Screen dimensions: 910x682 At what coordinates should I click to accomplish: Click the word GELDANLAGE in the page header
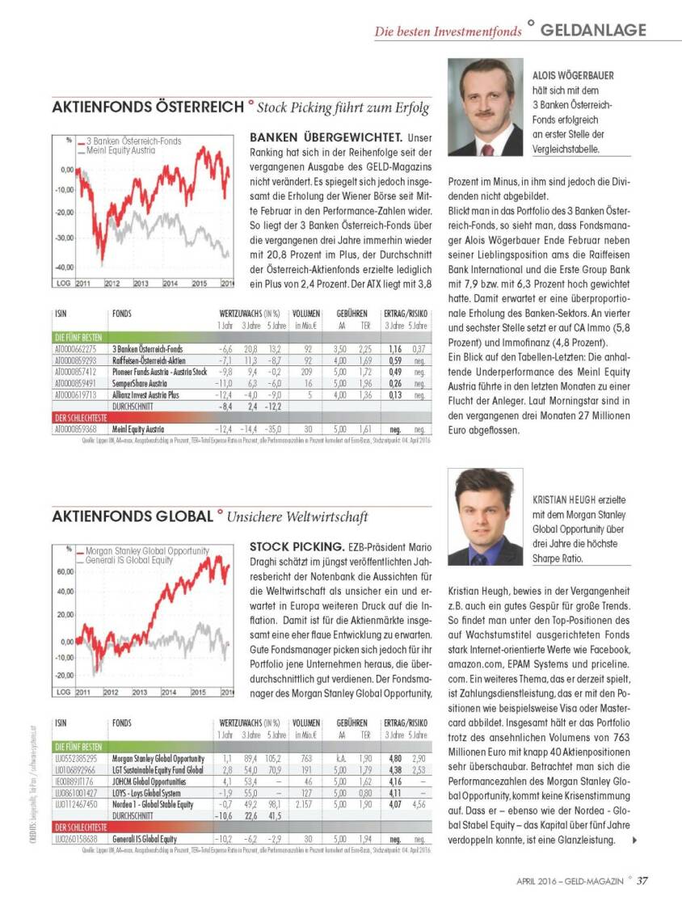click(593, 30)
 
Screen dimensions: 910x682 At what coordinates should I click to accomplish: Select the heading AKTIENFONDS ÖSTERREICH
click(147, 107)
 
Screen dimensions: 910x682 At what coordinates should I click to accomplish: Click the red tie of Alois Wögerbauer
click(487, 149)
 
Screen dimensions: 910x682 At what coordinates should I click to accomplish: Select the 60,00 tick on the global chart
click(64, 571)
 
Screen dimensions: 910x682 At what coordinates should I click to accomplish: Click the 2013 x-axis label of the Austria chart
click(141, 284)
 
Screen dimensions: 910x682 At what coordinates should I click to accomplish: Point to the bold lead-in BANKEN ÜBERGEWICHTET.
click(325, 138)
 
